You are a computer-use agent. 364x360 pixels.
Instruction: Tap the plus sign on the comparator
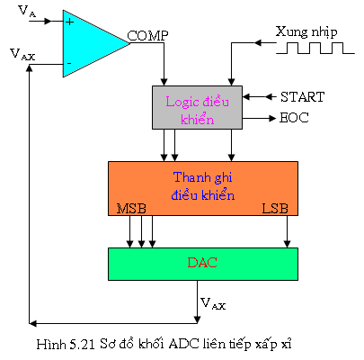(x=69, y=22)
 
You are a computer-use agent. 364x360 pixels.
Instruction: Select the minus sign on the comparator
(x=69, y=63)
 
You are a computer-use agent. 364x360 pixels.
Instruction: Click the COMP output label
(x=147, y=36)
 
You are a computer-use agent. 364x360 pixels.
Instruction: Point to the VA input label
(x=27, y=12)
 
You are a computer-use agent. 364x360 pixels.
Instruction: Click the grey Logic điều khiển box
(x=197, y=108)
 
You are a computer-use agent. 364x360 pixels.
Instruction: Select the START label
(x=302, y=97)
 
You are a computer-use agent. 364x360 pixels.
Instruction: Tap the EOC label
(x=294, y=118)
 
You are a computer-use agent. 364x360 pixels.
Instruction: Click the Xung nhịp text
(x=306, y=32)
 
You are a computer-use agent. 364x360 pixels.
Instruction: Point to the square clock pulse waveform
(x=315, y=48)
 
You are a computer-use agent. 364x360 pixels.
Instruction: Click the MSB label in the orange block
(x=131, y=209)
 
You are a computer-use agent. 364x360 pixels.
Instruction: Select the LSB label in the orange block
(x=275, y=209)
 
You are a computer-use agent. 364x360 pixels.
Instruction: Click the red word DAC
(x=202, y=263)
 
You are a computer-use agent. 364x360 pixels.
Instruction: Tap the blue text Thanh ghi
(x=203, y=177)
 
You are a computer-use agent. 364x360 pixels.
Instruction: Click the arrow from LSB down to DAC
(x=287, y=231)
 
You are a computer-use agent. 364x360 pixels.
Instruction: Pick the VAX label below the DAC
(x=213, y=303)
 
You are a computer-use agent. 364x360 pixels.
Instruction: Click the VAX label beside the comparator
(x=22, y=55)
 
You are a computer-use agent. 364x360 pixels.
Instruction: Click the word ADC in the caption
(x=183, y=344)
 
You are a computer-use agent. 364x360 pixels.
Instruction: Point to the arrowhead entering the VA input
(x=48, y=21)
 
